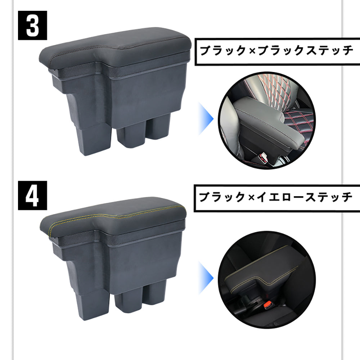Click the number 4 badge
coord(32,195)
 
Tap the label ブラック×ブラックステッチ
coord(276,51)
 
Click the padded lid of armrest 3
coord(119,46)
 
